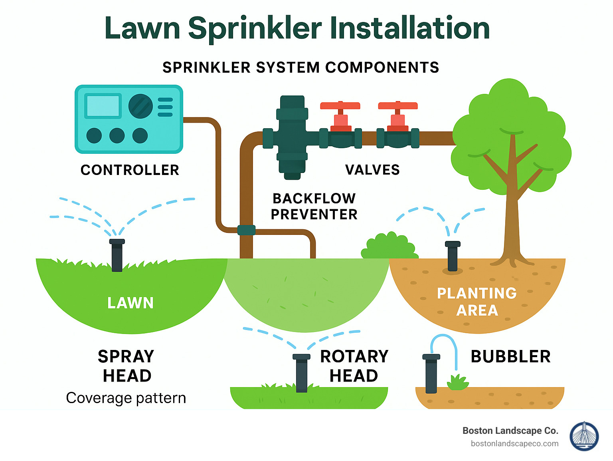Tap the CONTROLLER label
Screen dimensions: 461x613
click(130, 170)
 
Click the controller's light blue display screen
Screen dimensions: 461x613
click(103, 106)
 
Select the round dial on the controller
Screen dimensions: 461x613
click(140, 106)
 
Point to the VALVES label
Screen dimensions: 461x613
click(372, 170)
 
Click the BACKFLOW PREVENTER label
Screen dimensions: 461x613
click(314, 207)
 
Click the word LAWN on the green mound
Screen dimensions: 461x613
click(131, 303)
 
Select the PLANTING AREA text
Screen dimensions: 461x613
click(477, 302)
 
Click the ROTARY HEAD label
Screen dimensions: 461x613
click(354, 366)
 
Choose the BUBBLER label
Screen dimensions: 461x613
click(510, 357)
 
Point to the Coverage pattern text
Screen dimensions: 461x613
click(126, 398)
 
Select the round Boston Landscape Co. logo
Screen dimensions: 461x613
click(584, 436)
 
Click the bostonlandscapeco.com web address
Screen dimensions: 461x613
click(514, 443)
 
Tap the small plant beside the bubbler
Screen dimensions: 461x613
click(458, 383)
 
